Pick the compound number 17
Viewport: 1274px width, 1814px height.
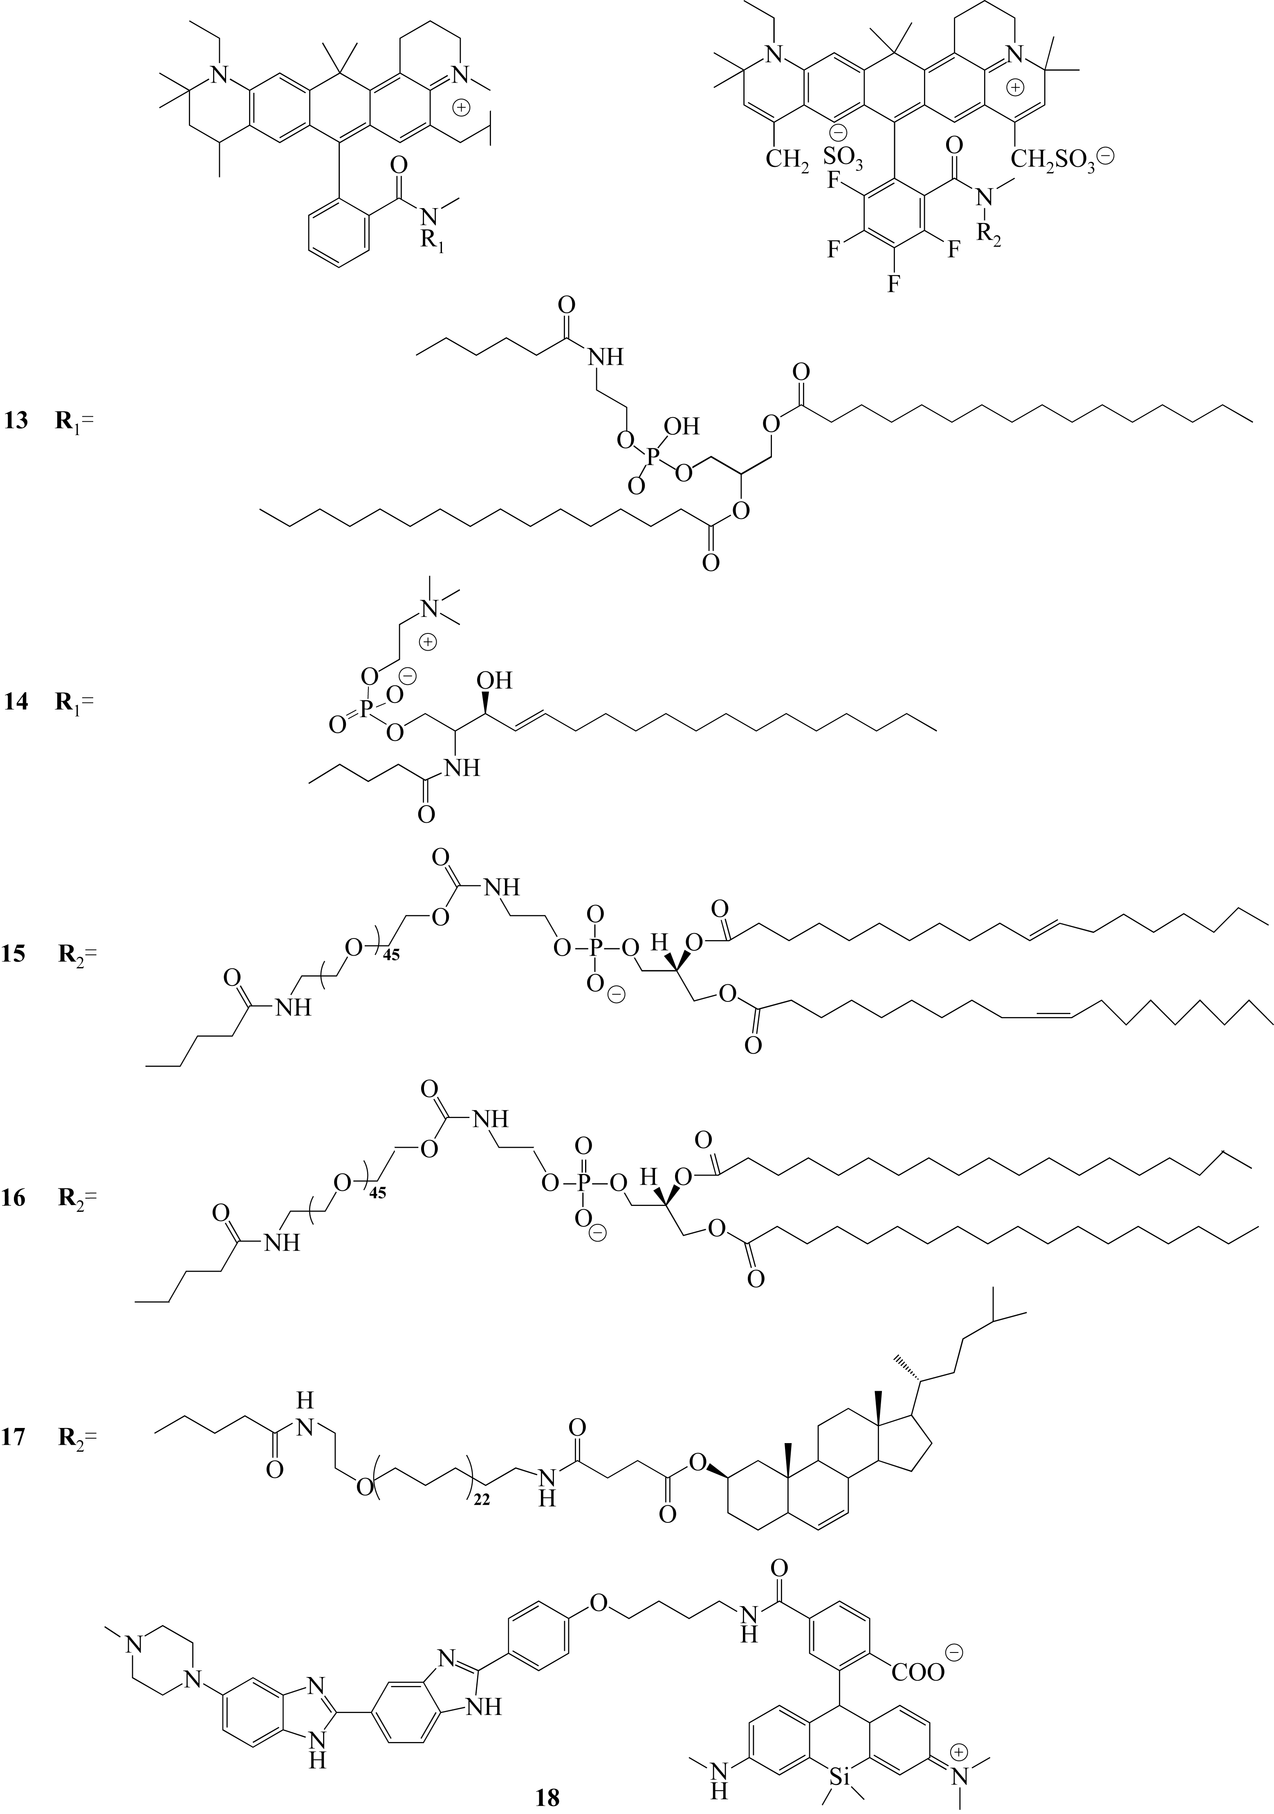coord(15,1434)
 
